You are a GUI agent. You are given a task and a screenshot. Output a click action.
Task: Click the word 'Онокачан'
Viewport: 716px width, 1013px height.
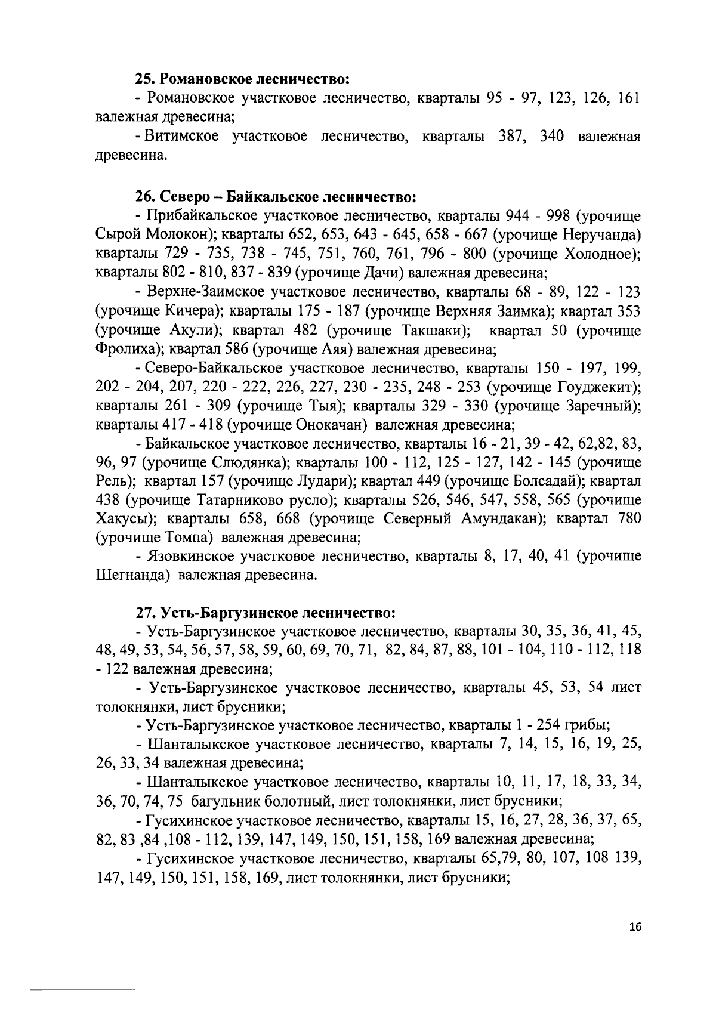328,426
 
